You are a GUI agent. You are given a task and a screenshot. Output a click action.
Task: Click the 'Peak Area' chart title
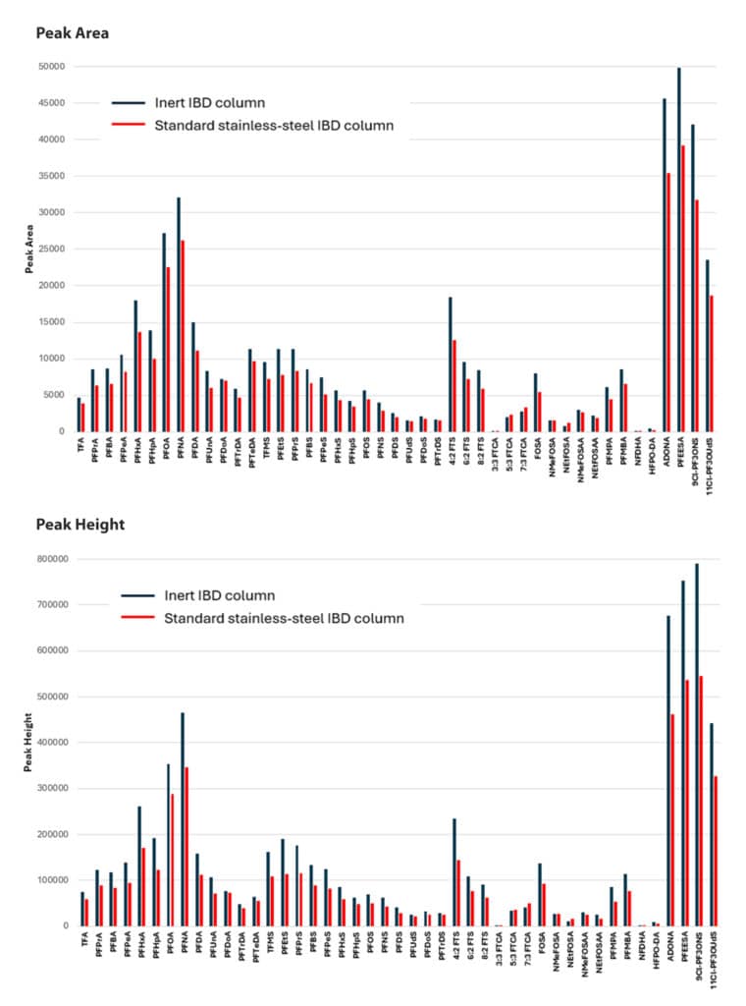pos(72,33)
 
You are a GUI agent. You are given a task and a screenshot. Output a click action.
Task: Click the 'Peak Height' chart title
pos(80,525)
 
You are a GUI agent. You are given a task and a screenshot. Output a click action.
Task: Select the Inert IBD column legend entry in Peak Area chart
pos(208,103)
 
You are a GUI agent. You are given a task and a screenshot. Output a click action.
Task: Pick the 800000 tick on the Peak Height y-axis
pos(49,559)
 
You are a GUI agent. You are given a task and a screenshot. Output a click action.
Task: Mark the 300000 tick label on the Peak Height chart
pos(49,788)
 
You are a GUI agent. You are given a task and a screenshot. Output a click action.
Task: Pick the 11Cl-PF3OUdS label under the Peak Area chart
pos(708,462)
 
